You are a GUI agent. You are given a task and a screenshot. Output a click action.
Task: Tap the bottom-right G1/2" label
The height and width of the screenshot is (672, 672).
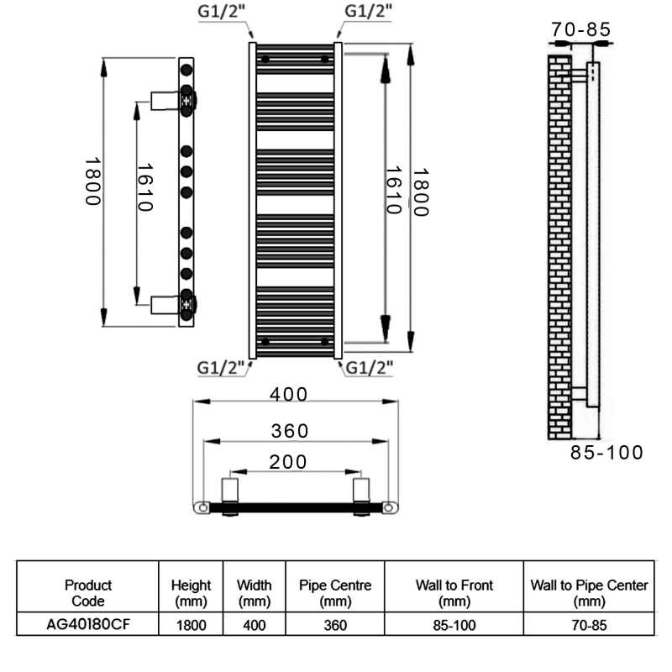[370, 367]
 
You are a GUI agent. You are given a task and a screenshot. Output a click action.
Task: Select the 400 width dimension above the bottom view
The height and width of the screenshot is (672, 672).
[290, 394]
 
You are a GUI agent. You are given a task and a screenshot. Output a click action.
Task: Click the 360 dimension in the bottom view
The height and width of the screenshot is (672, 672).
[290, 431]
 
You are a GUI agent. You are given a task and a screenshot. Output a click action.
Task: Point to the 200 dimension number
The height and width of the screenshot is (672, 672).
[289, 461]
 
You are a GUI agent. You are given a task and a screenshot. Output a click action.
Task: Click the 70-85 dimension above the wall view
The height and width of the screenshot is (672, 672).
[580, 29]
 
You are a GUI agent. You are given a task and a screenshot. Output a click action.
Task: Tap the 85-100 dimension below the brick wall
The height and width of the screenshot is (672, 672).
[606, 453]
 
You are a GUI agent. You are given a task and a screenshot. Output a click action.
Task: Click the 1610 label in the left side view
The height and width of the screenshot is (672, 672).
[143, 188]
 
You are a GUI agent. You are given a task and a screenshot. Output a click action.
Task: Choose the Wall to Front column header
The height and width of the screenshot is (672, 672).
[454, 593]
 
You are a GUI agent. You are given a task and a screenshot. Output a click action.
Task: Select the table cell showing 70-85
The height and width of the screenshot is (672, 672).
[589, 626]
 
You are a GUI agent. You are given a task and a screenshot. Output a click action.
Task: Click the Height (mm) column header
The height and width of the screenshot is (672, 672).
[191, 593]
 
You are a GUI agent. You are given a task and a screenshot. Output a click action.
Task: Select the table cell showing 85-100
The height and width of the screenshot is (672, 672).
[454, 626]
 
